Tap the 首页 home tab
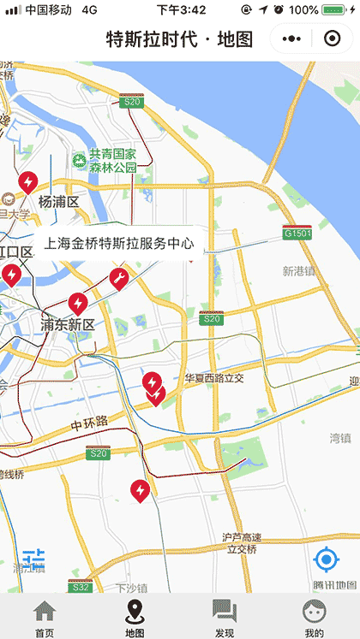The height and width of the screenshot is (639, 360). [x=45, y=618]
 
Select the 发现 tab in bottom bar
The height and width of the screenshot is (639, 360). [x=225, y=618]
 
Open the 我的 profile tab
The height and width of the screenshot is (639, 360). [x=315, y=618]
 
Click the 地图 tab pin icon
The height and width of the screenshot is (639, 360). [x=135, y=612]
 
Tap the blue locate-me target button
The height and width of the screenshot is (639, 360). [x=327, y=560]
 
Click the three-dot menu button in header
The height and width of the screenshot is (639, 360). [x=291, y=39]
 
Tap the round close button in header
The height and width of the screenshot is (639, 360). [x=332, y=39]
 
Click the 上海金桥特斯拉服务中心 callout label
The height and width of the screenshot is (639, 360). [x=119, y=244]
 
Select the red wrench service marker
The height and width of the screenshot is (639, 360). [x=118, y=278]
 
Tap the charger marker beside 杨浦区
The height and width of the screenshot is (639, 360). [x=28, y=182]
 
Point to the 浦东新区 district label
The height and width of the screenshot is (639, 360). [x=68, y=325]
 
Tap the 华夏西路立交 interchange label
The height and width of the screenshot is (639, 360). [x=214, y=377]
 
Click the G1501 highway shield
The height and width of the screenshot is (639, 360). [x=297, y=233]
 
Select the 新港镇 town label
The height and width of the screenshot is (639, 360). [x=299, y=271]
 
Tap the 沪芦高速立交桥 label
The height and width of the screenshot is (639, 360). [x=241, y=543]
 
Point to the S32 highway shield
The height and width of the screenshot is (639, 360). [x=81, y=588]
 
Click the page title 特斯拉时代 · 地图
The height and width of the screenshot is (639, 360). [x=179, y=39]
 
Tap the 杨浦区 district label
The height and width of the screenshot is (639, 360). [x=58, y=202]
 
